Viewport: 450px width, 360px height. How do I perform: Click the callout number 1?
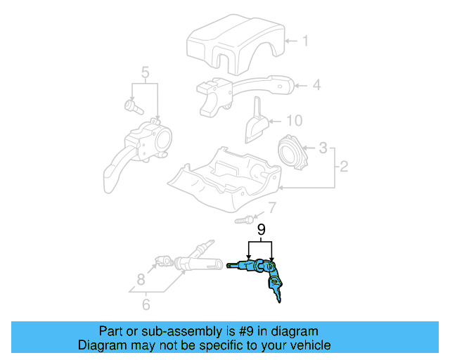tap(305, 41)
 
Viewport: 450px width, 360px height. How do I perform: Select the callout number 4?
tap(316, 85)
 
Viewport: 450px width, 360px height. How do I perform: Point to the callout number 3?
tap(323, 148)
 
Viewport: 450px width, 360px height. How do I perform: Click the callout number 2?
tap(344, 167)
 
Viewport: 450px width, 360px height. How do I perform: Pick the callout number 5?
tap(145, 72)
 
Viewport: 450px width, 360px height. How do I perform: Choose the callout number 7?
tap(272, 207)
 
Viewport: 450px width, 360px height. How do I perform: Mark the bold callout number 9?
tap(261, 230)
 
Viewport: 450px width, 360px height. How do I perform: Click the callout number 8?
tap(141, 278)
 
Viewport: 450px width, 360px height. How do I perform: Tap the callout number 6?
tap(146, 304)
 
